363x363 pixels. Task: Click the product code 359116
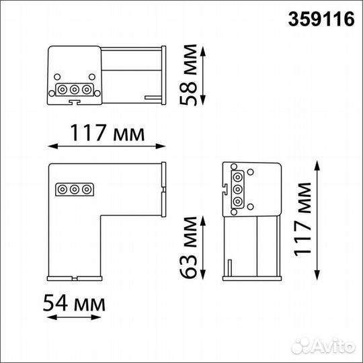[321, 20]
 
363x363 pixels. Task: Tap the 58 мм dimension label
[190, 76]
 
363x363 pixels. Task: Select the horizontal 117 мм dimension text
[106, 133]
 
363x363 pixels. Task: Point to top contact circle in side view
[237, 178]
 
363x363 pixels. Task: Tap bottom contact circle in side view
[237, 200]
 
